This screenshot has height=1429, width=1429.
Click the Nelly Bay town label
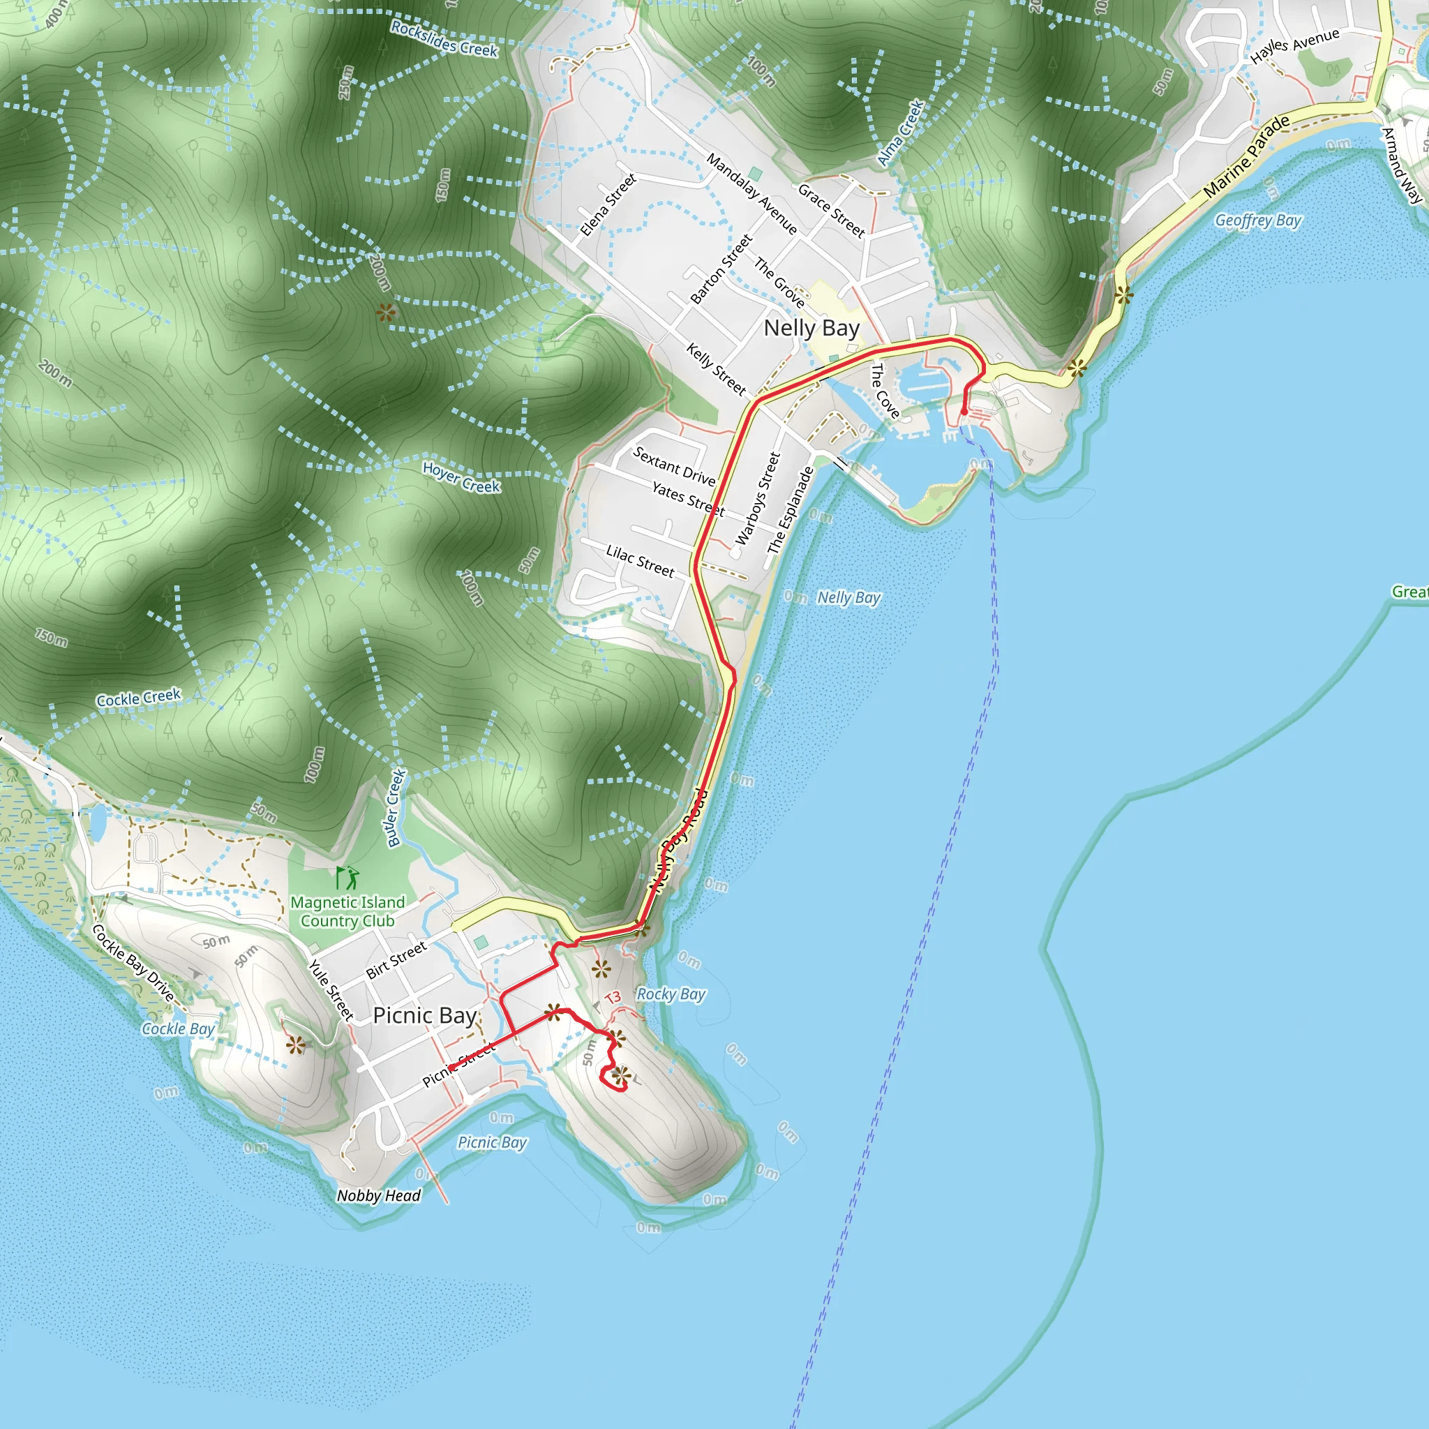pyautogui.click(x=811, y=328)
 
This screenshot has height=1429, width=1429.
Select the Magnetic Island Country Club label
pyautogui.click(x=347, y=911)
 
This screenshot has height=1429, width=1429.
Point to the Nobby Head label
pyautogui.click(x=379, y=1195)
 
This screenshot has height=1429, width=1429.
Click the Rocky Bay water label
pyautogui.click(x=671, y=994)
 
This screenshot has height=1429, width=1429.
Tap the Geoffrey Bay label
pyautogui.click(x=1257, y=220)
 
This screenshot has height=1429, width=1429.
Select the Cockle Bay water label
pyautogui.click(x=178, y=1029)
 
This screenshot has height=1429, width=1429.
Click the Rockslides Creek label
pyautogui.click(x=444, y=39)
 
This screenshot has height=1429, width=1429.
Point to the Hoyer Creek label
pyautogui.click(x=461, y=478)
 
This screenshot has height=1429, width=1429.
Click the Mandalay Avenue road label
pyautogui.click(x=751, y=194)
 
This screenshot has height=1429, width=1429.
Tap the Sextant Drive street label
pyautogui.click(x=674, y=467)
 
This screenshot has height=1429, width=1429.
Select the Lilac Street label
pyautogui.click(x=640, y=562)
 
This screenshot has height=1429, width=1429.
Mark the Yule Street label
pyautogui.click(x=331, y=989)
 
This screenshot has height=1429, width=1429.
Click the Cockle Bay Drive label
pyautogui.click(x=133, y=963)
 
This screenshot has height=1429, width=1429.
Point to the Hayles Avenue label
pyautogui.click(x=1294, y=46)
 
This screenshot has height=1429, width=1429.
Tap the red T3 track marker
pyautogui.click(x=613, y=998)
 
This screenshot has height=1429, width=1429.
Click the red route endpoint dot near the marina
pyautogui.click(x=964, y=412)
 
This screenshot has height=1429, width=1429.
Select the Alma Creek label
pyautogui.click(x=900, y=133)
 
